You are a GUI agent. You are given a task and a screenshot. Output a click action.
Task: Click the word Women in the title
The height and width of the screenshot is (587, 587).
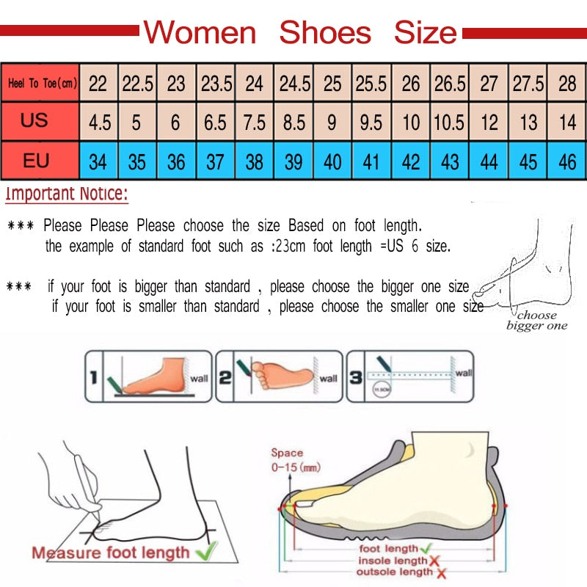(200, 33)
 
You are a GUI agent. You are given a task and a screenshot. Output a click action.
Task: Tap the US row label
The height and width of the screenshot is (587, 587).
(34, 120)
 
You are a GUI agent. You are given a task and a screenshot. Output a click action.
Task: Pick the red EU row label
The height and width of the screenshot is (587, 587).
(35, 160)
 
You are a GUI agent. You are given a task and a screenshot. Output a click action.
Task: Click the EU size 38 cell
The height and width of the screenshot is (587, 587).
(254, 161)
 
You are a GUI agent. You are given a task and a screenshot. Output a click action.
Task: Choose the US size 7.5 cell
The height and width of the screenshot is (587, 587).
(254, 122)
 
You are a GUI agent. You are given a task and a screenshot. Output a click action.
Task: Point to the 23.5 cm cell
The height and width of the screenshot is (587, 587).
(216, 84)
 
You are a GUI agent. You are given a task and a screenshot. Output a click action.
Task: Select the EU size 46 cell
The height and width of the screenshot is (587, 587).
(567, 161)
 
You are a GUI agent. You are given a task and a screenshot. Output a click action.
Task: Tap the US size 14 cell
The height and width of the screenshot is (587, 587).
(567, 122)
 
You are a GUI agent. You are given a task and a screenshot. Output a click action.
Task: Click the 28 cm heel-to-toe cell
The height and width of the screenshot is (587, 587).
(567, 84)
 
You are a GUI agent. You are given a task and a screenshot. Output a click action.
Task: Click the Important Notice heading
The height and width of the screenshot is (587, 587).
(67, 195)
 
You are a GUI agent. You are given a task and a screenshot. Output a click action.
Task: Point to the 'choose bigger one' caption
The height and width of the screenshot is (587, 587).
(536, 321)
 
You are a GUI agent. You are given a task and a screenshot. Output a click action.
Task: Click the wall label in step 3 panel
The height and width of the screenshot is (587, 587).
(464, 373)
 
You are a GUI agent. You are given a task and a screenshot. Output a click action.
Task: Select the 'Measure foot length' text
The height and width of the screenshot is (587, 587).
(110, 553)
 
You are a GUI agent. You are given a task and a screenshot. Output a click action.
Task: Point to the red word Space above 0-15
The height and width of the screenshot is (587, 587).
(287, 453)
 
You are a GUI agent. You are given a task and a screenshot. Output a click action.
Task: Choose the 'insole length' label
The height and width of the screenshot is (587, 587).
(393, 561)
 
